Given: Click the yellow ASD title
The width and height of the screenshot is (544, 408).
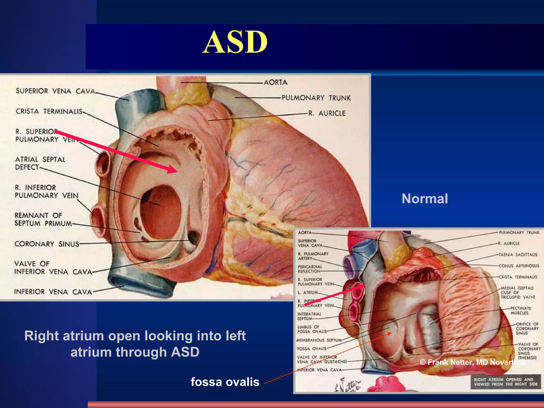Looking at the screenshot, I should click(x=235, y=42).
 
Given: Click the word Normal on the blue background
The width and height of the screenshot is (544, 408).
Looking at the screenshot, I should click(x=425, y=199).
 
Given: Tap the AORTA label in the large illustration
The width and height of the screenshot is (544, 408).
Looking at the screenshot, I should click(x=275, y=82).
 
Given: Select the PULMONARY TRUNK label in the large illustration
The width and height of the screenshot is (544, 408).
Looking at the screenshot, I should click(x=316, y=98).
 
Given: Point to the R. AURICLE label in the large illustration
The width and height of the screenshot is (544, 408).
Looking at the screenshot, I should click(x=327, y=113).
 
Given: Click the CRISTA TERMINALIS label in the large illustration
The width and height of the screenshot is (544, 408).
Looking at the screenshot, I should click(x=49, y=111).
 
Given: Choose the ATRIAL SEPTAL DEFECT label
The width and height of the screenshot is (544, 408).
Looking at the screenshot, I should click(x=40, y=163).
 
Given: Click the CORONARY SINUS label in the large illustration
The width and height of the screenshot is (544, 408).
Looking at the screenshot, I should click(x=47, y=244).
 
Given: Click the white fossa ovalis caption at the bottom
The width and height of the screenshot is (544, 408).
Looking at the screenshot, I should click(x=225, y=382).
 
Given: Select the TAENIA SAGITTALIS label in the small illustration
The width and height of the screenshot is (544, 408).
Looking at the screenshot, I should click(x=518, y=254).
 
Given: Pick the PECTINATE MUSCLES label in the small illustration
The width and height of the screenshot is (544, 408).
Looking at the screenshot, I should click(x=521, y=311).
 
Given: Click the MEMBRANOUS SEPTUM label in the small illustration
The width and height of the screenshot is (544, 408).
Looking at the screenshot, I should click(x=319, y=340).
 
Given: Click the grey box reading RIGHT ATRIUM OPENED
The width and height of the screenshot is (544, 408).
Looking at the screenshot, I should click(x=506, y=382).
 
